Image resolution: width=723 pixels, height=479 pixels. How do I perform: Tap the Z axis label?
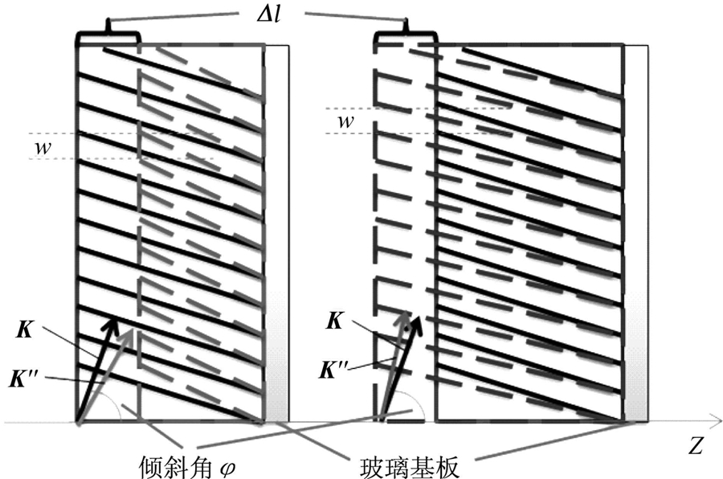click(696, 447)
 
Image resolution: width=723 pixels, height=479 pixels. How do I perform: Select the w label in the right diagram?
click(345, 121)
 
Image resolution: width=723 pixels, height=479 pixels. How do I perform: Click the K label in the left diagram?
click(24, 330)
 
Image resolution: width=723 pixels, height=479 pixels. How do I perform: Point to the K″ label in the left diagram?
click(22, 379)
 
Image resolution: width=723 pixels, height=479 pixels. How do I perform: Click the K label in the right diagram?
click(335, 321)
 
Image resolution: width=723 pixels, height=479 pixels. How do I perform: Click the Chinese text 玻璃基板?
click(410, 466)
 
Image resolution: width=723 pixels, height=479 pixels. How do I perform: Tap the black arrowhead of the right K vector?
click(417, 322)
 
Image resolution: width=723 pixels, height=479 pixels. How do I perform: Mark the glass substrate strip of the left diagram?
click(276, 233)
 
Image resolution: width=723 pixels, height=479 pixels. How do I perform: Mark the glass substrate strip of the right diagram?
click(636, 233)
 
